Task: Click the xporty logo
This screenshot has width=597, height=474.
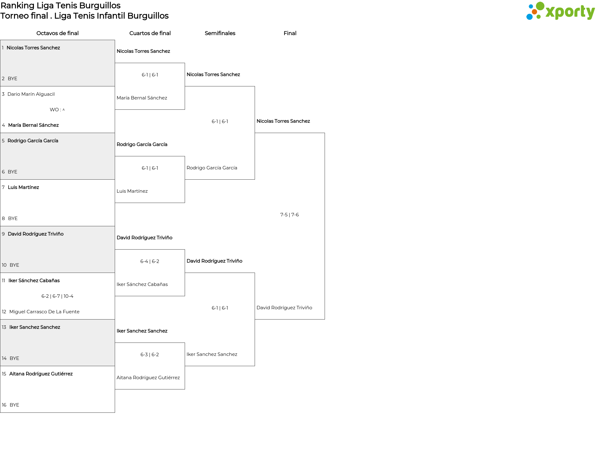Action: pos(560,11)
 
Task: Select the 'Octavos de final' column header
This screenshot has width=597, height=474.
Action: pos(58,33)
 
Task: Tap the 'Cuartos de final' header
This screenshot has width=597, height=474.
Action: pos(150,33)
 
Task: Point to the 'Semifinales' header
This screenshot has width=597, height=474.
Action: pos(220,33)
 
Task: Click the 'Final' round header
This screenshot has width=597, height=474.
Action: pos(290,33)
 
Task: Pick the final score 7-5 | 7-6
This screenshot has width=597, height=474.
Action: pos(289,215)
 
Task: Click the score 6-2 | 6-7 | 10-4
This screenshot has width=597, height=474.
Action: pos(58,296)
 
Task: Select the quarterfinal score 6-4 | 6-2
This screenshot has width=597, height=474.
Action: pos(150,261)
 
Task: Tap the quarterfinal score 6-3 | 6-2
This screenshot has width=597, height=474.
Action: pos(150,355)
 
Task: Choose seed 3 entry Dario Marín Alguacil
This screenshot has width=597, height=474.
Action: pos(31,94)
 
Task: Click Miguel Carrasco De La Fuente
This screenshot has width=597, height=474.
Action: pos(44,312)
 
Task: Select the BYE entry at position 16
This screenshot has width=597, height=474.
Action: pos(14,405)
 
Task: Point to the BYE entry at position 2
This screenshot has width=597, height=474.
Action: pos(12,79)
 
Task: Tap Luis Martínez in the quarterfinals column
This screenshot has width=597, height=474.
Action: pos(132,191)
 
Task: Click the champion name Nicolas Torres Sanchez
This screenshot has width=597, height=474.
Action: pos(283,121)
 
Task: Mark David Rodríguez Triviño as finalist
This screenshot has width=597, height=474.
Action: pos(284,308)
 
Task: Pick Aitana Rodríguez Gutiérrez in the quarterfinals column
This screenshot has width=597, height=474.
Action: pos(148,378)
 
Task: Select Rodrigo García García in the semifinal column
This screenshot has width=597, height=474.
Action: pos(212,168)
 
